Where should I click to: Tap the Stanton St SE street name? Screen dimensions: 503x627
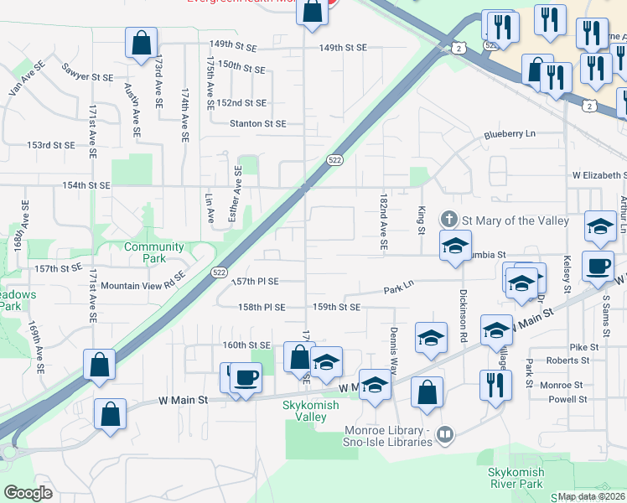(x=258, y=123)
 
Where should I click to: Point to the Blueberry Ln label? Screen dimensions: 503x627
(x=509, y=134)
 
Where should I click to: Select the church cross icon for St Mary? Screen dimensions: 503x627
(x=449, y=220)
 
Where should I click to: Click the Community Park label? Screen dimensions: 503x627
(x=153, y=252)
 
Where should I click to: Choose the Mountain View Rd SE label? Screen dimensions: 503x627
(x=142, y=286)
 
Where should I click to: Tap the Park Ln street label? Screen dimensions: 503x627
(x=399, y=286)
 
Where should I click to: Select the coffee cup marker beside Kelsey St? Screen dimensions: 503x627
(x=597, y=266)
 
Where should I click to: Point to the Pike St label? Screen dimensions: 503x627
(x=583, y=347)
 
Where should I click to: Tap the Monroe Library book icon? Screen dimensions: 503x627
(x=446, y=433)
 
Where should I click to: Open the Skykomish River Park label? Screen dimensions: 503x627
(x=516, y=478)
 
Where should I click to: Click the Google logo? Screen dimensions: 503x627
(x=28, y=493)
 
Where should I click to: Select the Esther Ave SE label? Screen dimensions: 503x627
(x=239, y=194)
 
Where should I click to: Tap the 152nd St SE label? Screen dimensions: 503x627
(x=241, y=103)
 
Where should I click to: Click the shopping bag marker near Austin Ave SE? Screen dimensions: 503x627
(x=141, y=43)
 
